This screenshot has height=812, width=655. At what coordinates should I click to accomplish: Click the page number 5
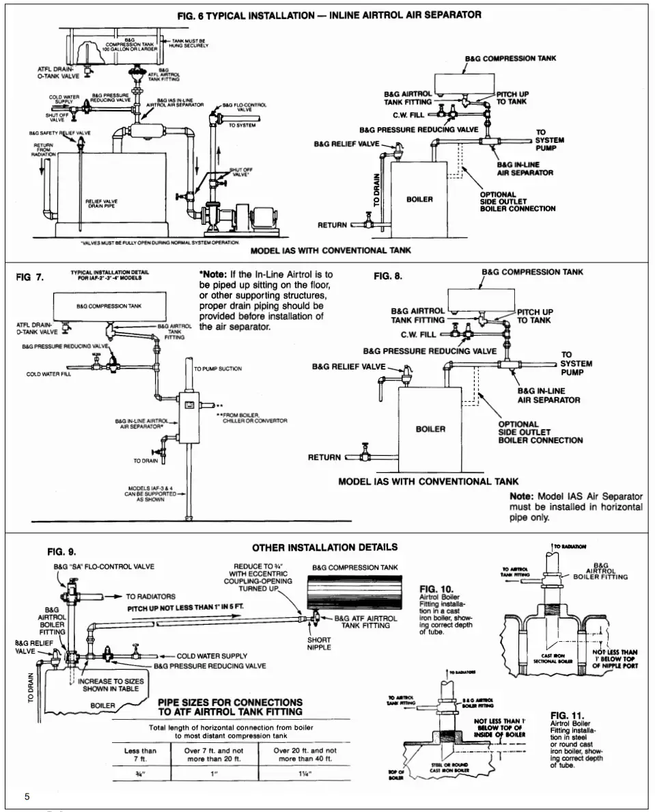[27, 796]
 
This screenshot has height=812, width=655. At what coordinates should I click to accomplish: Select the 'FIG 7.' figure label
[30, 278]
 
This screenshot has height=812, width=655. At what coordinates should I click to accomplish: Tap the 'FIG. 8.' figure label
[388, 276]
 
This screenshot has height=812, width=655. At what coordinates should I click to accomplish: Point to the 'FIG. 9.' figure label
[61, 552]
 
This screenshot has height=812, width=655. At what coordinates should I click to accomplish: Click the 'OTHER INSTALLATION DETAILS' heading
[324, 547]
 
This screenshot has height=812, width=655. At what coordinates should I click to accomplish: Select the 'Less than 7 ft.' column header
[141, 754]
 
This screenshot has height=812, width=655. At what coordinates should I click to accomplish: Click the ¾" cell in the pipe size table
[141, 774]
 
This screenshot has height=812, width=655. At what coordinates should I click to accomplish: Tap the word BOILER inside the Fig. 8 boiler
[430, 429]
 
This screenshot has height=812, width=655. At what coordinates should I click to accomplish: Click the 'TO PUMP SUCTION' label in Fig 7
[218, 369]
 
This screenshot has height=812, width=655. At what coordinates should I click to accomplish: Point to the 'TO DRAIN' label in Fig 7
[146, 461]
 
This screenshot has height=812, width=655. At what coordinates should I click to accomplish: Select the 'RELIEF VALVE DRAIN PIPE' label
[101, 203]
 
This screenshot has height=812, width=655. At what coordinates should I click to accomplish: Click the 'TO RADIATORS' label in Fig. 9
[151, 596]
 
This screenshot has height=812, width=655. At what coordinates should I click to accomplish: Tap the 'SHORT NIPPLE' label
[318, 644]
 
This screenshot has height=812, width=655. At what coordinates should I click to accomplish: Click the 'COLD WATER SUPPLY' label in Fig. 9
[212, 656]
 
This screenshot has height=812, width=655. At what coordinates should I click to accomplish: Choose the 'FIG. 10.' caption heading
[436, 588]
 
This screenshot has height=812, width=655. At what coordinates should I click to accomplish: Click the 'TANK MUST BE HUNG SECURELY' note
[190, 44]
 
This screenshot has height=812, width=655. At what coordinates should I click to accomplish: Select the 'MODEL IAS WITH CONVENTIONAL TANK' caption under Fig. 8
[428, 481]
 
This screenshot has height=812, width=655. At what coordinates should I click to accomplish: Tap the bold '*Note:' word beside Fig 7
[212, 274]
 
